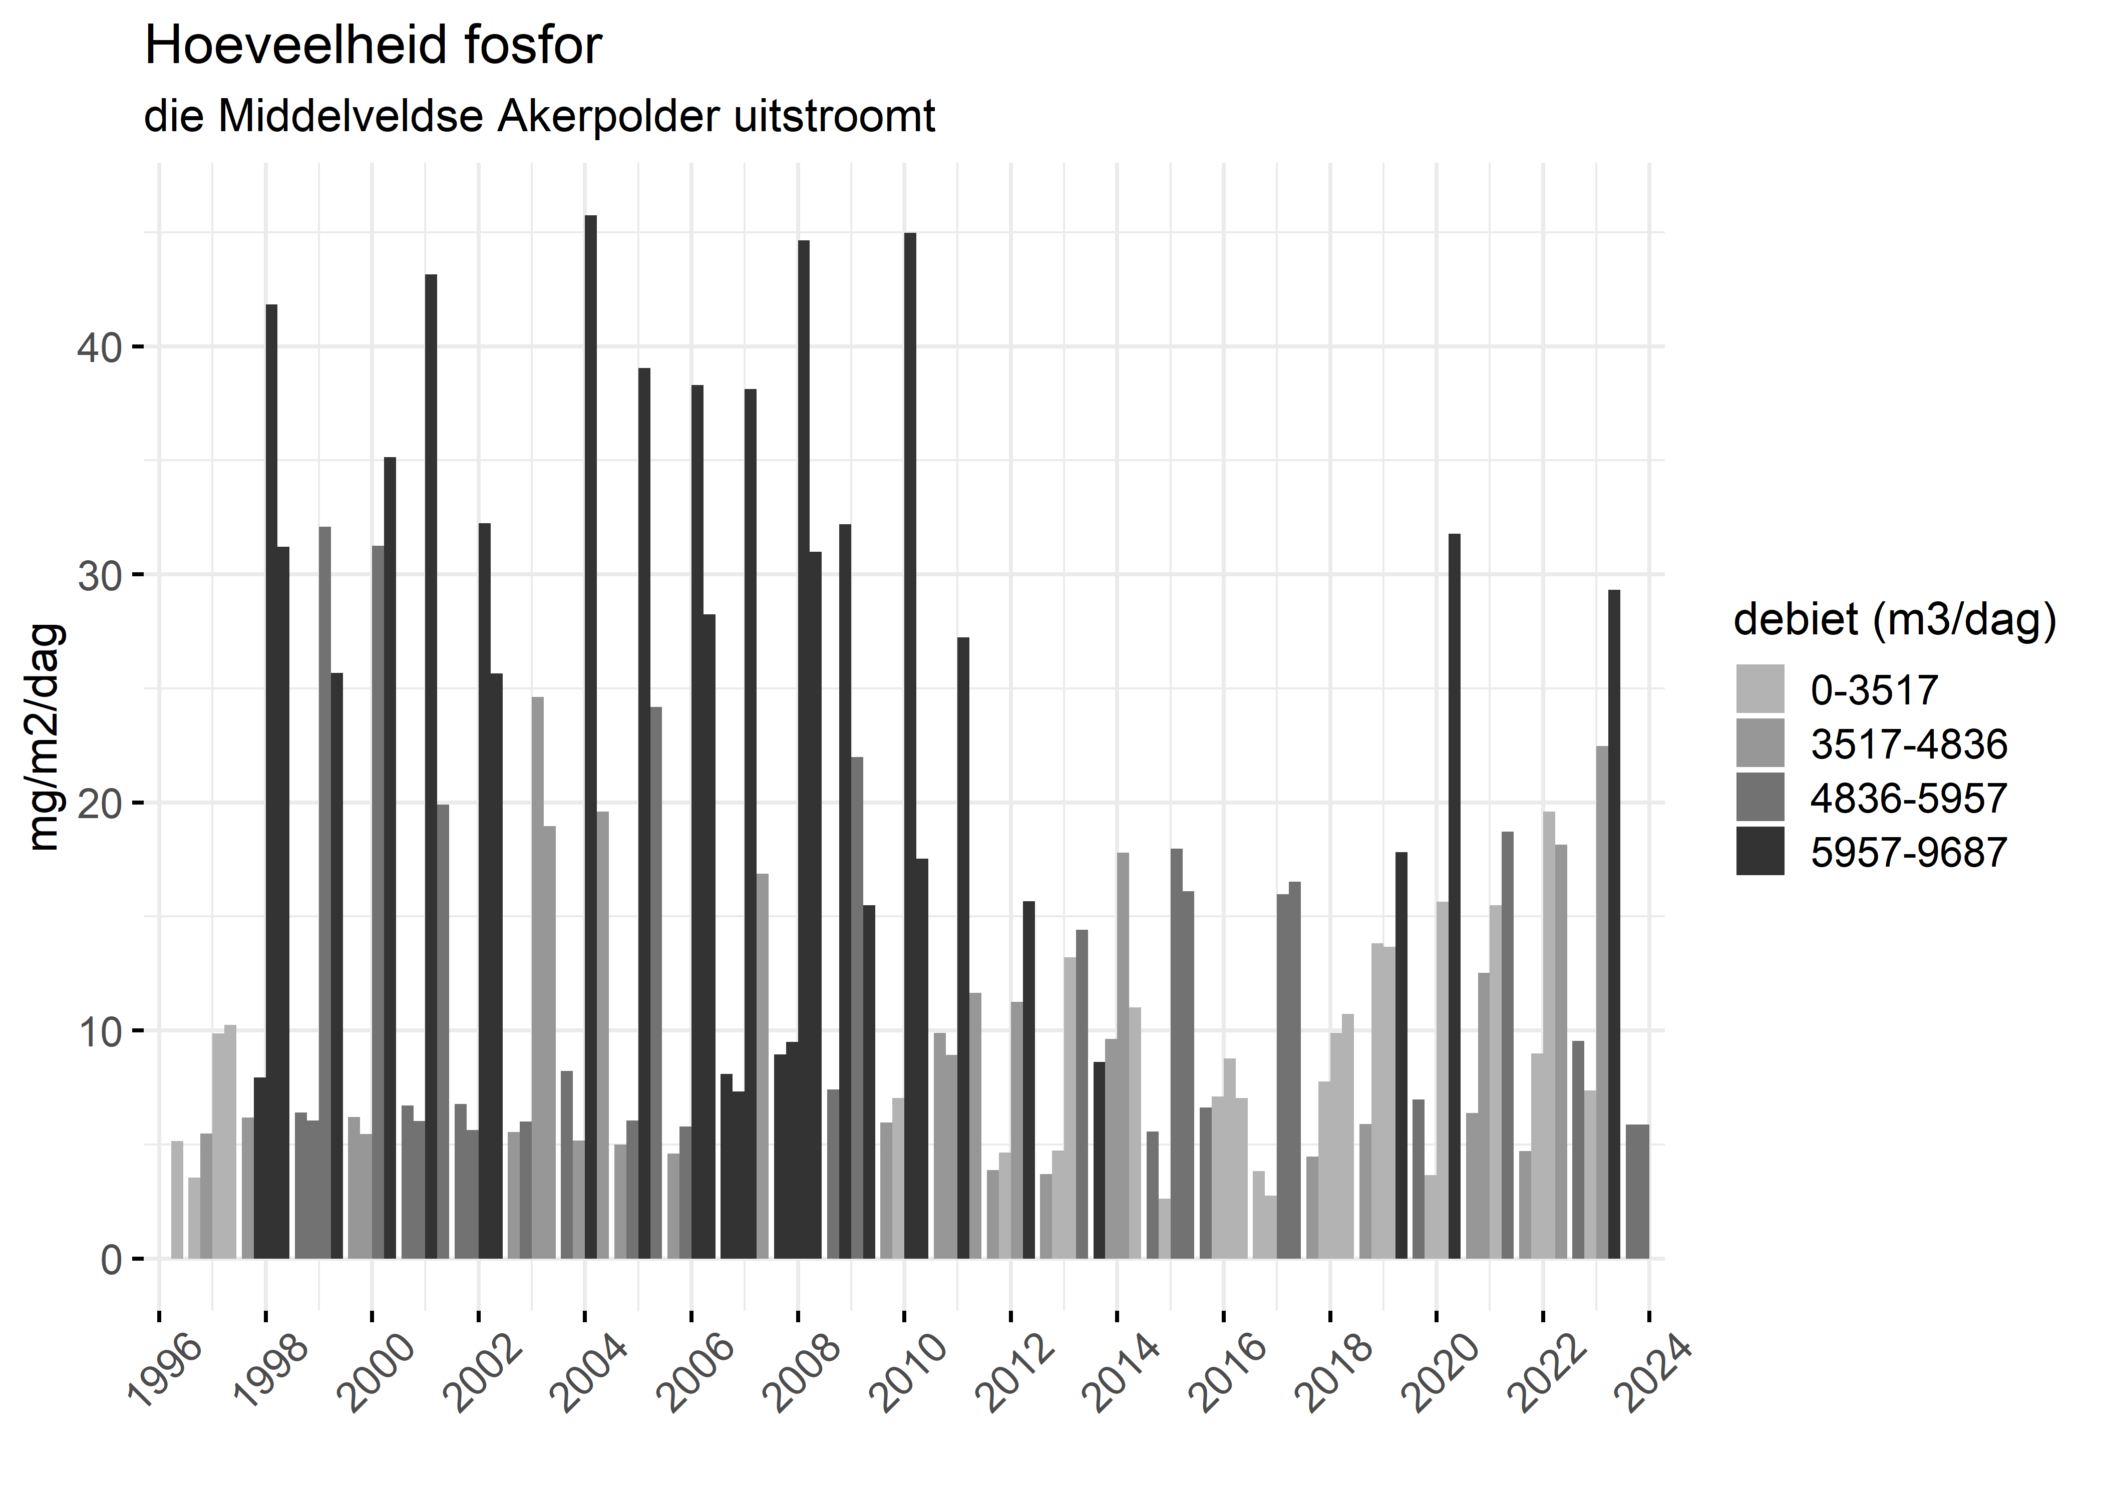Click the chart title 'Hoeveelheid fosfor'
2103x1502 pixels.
373,46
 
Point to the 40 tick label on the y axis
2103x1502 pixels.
99,348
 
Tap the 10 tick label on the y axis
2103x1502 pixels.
99,1031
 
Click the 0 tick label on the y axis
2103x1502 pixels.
111,1260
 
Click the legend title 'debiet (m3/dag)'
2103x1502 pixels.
1894,620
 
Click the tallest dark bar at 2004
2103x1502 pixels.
591,740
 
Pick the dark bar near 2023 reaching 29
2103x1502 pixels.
1614,925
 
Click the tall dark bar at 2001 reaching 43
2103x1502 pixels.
431,768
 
